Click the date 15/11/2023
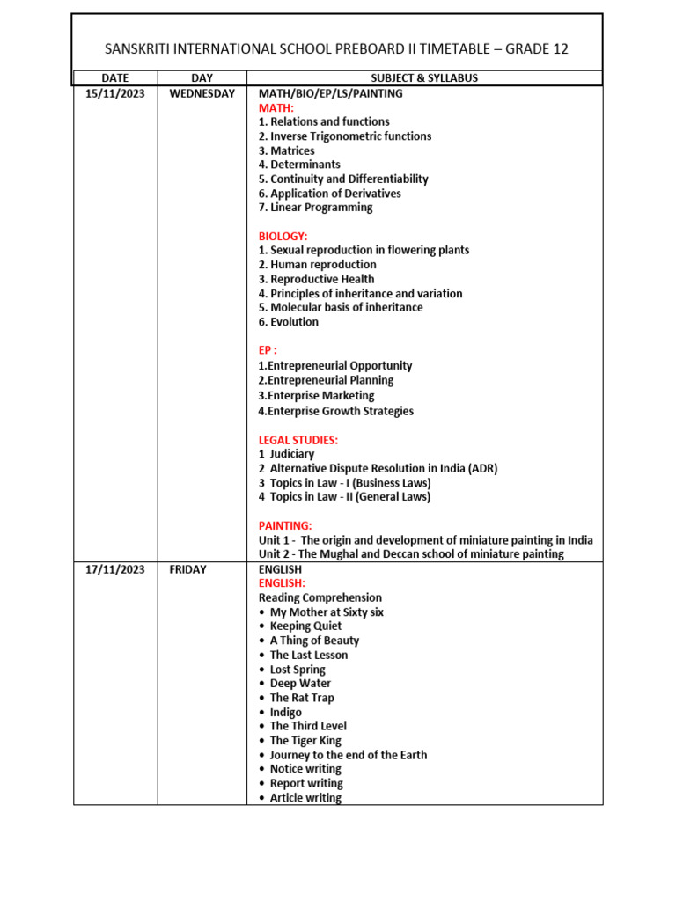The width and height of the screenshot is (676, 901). click(x=115, y=93)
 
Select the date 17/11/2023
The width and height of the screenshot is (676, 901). click(x=115, y=569)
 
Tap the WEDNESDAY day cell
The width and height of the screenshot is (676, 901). click(x=202, y=93)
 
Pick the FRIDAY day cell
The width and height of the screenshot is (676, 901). click(x=187, y=569)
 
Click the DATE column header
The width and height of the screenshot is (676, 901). click(x=115, y=78)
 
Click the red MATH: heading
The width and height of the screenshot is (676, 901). click(x=276, y=107)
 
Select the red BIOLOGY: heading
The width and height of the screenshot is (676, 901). click(x=283, y=236)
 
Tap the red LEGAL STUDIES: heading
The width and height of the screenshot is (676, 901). click(x=298, y=440)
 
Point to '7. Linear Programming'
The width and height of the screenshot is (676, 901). click(x=315, y=208)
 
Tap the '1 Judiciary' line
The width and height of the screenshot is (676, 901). click(x=286, y=454)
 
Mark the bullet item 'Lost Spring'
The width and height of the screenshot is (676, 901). click(x=298, y=670)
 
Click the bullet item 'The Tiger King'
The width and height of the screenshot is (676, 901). click(x=305, y=741)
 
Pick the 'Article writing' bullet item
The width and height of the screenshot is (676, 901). click(x=305, y=798)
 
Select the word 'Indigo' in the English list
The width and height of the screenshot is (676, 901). click(x=285, y=713)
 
